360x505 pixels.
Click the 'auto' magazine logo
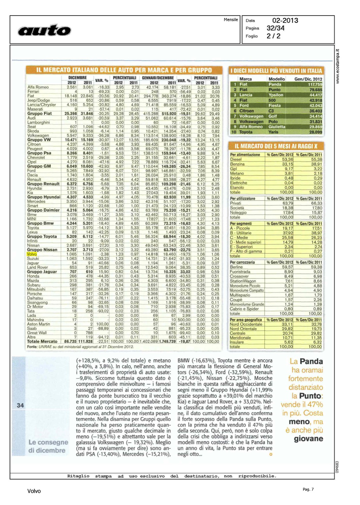(44, 30)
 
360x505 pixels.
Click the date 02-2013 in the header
(285, 21)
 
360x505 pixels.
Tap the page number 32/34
(275, 28)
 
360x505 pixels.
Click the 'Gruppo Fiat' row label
(39, 113)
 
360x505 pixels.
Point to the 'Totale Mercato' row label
(42, 341)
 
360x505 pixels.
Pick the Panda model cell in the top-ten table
(275, 85)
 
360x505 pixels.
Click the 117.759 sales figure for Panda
(315, 85)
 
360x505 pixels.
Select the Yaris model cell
(273, 132)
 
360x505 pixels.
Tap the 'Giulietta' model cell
(277, 127)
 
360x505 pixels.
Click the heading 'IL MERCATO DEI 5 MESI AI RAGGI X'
(276, 146)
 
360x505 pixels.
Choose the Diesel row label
(236, 160)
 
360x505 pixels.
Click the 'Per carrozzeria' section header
(242, 262)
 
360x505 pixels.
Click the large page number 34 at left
(20, 405)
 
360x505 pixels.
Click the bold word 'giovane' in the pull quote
(308, 439)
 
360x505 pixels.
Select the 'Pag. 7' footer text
(308, 490)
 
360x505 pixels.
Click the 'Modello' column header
(276, 79)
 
